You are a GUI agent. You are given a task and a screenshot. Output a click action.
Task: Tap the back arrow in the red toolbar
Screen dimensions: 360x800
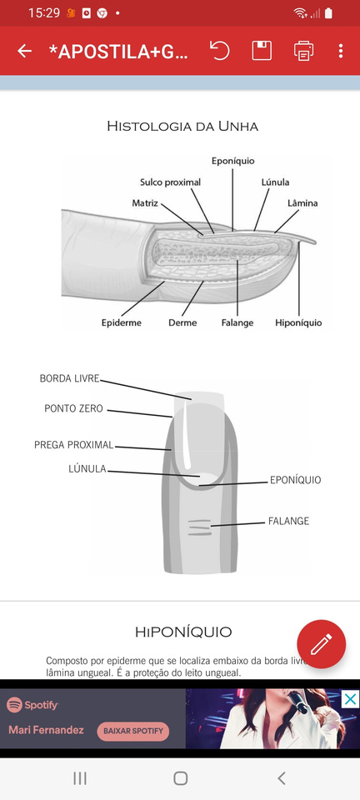[x=24, y=51]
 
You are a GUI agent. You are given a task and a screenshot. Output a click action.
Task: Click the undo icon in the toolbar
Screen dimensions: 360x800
[x=220, y=51]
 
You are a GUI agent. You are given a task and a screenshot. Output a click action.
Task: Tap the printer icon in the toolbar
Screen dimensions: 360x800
[x=303, y=51]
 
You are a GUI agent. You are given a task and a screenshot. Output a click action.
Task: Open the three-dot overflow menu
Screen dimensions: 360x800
[x=341, y=51]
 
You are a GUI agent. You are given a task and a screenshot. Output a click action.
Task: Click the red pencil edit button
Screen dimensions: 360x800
[x=321, y=644]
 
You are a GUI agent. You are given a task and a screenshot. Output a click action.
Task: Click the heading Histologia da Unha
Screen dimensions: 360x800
[x=182, y=127]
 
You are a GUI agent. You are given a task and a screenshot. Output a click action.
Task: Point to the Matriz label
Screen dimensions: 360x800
[x=145, y=203]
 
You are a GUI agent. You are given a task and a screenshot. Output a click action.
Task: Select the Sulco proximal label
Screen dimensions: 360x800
[x=170, y=182]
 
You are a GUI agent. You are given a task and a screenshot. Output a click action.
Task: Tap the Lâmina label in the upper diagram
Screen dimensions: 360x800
[x=302, y=203]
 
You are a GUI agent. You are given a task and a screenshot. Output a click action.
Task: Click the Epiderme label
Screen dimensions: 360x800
[x=122, y=322]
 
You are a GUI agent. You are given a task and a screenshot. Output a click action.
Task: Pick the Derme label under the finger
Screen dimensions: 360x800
[x=182, y=322]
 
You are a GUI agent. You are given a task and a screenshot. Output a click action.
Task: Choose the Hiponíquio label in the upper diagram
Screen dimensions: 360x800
[x=298, y=322]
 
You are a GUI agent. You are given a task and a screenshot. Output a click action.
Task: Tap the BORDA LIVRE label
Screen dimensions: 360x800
[x=69, y=378]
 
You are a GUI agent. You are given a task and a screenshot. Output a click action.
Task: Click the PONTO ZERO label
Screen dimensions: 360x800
[x=73, y=408]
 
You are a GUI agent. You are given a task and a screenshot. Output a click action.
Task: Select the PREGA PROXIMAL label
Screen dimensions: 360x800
[x=74, y=445]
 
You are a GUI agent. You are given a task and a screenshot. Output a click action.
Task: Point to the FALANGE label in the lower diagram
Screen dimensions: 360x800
[x=288, y=521]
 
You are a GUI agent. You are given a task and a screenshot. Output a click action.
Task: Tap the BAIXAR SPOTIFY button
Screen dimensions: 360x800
[x=133, y=731]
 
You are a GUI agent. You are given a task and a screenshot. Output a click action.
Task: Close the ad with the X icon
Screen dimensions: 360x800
[x=350, y=699]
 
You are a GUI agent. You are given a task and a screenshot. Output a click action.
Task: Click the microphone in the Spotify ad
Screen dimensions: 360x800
[x=297, y=702]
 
